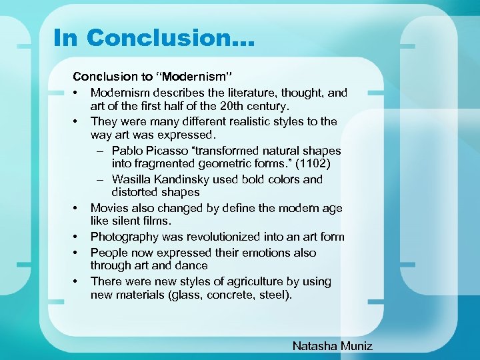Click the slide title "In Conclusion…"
click(x=153, y=37)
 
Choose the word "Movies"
click(x=109, y=208)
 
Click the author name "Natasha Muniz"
click(x=333, y=345)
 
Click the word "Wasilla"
click(x=133, y=179)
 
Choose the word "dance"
click(x=191, y=265)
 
